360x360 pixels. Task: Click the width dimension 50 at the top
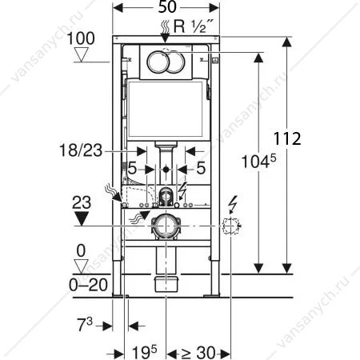point(167,7)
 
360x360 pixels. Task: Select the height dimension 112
point(287,138)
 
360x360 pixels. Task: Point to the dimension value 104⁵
point(258,162)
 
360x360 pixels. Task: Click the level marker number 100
point(81,38)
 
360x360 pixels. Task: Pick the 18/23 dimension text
point(81,150)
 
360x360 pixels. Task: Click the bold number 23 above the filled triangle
point(82,202)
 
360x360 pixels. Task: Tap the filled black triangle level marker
point(82,218)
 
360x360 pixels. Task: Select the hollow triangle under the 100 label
point(81,54)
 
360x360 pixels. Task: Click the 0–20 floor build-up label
point(88,285)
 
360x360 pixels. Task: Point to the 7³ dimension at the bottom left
point(85,324)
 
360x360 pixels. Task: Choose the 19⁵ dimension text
point(145,352)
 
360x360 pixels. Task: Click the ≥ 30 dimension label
point(198,353)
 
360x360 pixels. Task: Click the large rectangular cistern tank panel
point(166,110)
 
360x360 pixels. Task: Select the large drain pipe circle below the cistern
point(166,226)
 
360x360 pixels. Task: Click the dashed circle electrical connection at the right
point(230,226)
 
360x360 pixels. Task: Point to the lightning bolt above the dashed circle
point(233,203)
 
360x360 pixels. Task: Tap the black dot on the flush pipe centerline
point(166,169)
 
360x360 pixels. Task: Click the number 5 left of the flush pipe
point(132,168)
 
